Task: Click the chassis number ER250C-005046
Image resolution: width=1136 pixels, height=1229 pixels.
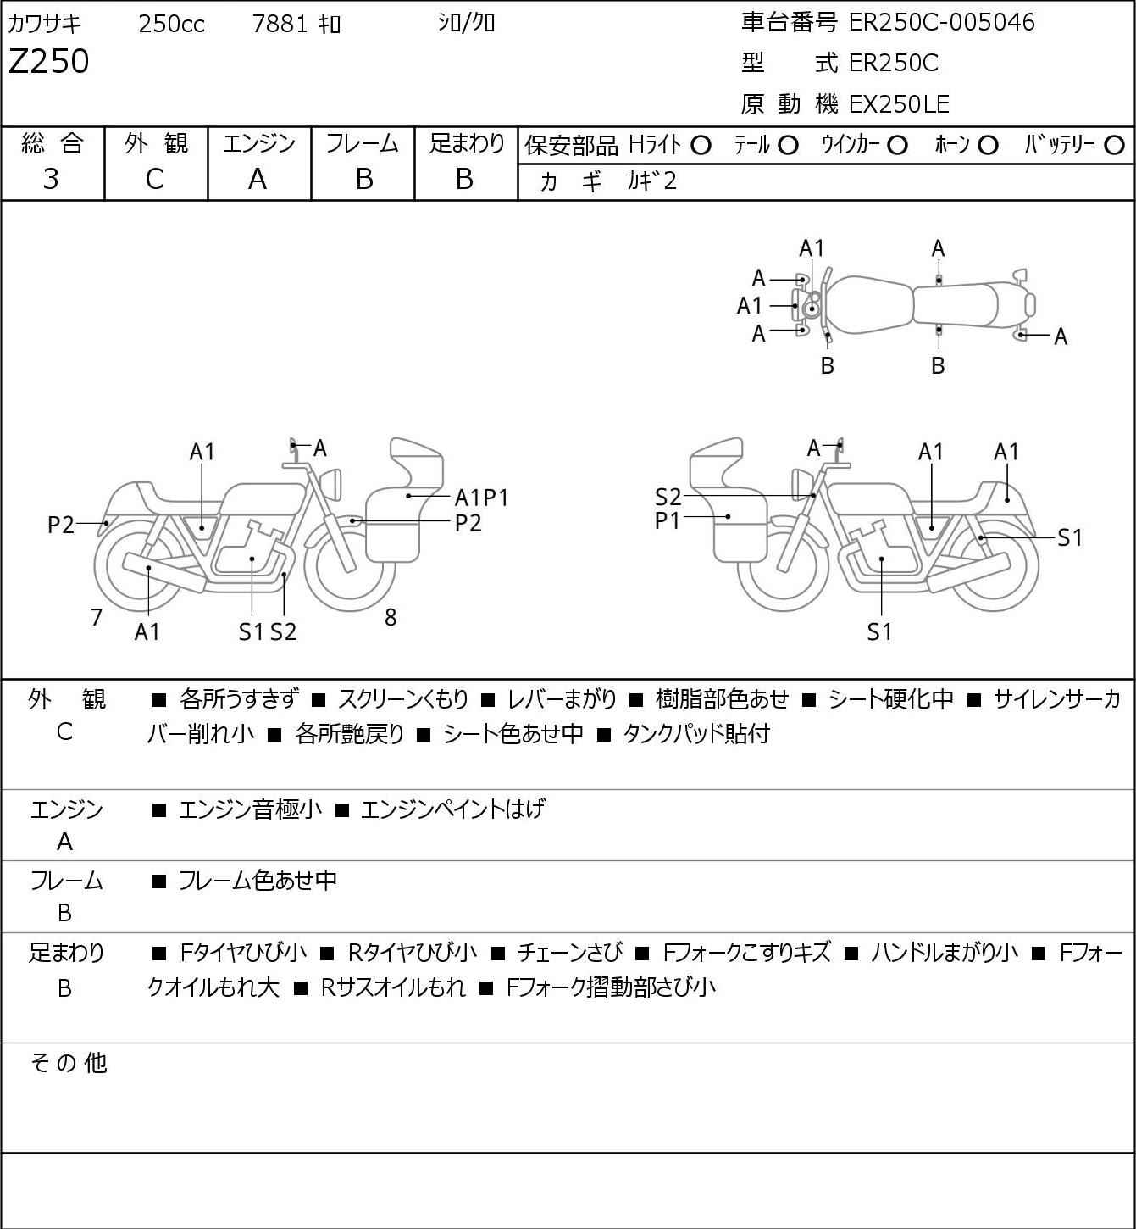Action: point(941,22)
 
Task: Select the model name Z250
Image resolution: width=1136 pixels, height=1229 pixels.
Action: point(49,61)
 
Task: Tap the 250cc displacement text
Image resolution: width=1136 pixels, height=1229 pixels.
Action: point(171,24)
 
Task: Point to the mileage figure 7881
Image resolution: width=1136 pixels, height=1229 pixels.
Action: point(280,24)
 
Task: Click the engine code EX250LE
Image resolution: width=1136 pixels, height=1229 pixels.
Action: point(899,104)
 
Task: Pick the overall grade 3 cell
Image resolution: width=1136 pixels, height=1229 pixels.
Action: point(51,180)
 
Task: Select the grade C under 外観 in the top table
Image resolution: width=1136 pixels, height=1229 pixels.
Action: point(155,180)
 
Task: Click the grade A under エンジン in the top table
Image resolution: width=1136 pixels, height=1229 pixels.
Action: point(258,180)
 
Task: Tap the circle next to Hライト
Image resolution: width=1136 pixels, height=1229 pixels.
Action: point(701,146)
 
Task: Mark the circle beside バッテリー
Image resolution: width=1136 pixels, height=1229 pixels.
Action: point(1114,146)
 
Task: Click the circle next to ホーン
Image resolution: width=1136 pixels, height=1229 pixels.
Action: point(988,146)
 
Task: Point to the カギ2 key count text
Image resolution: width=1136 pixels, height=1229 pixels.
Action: point(652,181)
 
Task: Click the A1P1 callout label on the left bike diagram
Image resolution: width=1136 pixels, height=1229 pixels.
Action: point(481,498)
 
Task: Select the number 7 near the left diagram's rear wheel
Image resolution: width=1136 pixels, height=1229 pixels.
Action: point(96,617)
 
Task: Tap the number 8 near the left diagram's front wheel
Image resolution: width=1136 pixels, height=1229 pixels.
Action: point(391,617)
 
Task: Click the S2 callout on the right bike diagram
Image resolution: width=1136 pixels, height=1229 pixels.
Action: point(668,497)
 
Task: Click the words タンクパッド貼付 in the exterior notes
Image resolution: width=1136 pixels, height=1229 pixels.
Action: point(696,734)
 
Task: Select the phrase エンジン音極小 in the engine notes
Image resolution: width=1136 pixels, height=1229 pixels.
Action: point(250,809)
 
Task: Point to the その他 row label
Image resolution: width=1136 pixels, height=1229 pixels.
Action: point(69,1063)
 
